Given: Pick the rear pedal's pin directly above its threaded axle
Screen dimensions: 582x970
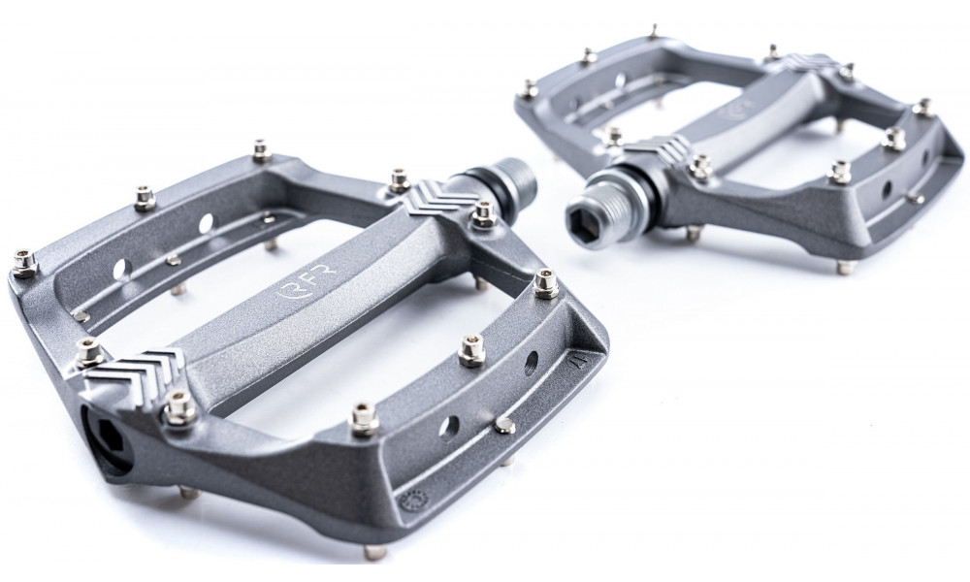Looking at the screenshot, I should pos(613,136).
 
